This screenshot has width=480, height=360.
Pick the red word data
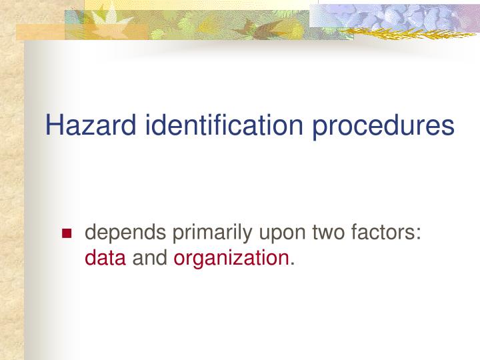(105, 257)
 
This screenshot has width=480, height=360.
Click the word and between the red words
(150, 257)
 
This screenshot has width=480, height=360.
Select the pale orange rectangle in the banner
(40, 31)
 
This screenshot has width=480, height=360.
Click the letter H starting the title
(53, 125)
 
